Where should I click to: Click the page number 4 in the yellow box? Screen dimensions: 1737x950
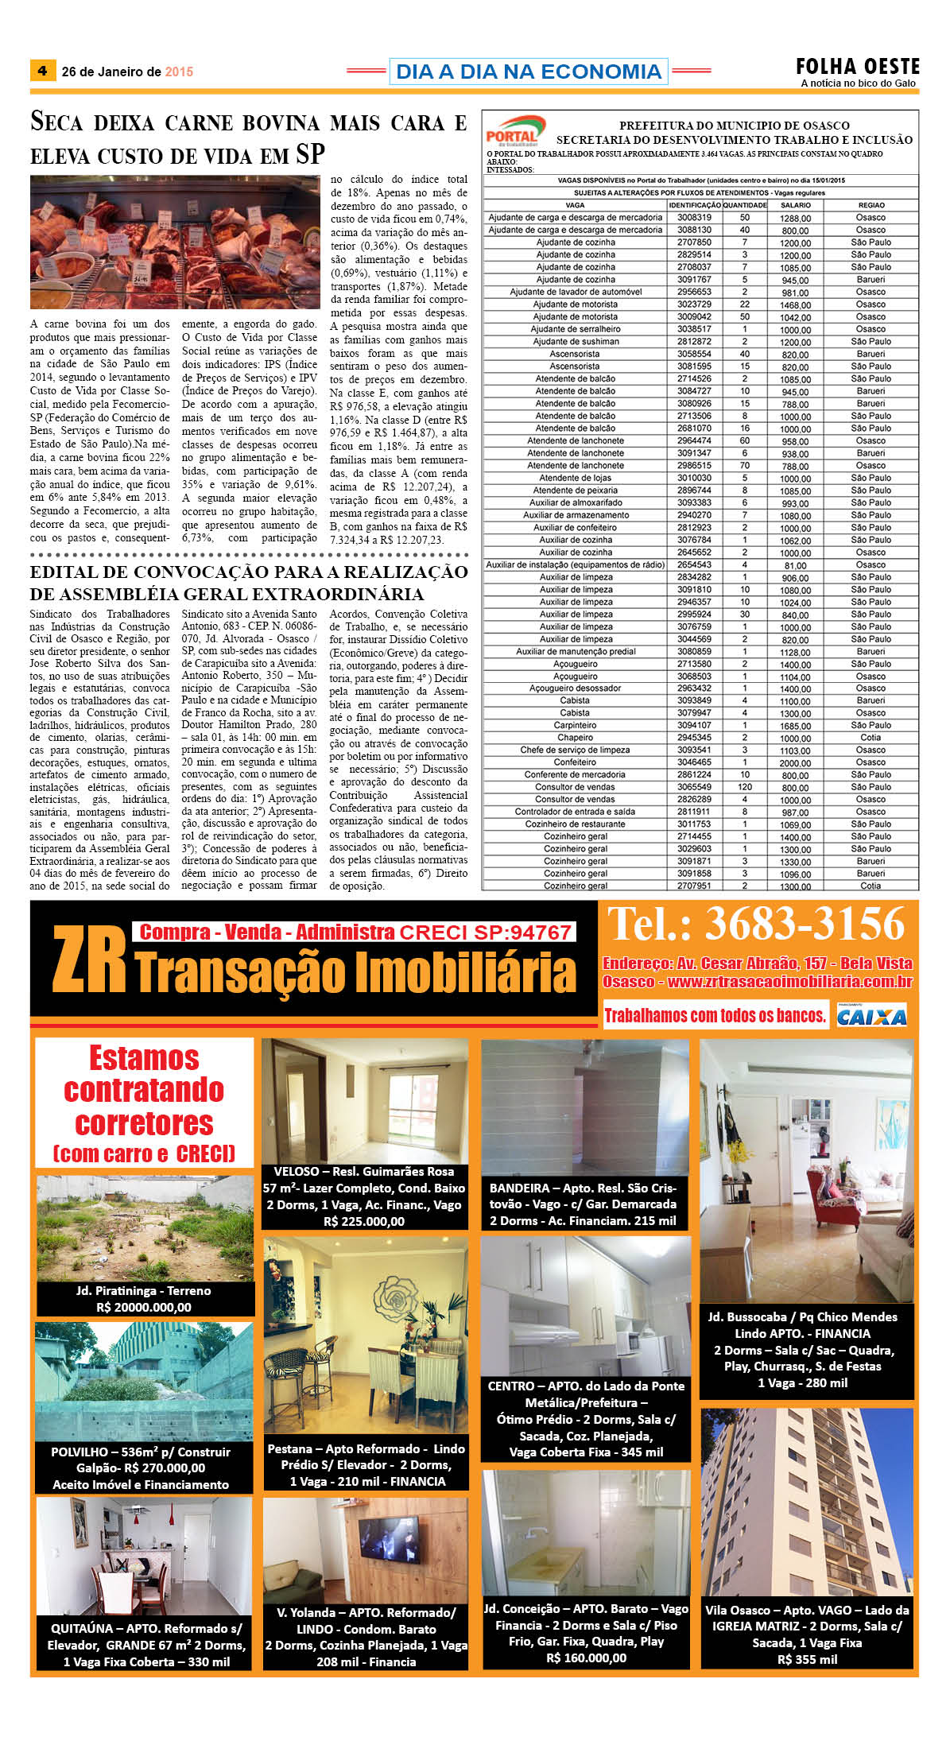point(42,70)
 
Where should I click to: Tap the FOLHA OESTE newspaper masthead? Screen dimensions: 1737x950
point(857,67)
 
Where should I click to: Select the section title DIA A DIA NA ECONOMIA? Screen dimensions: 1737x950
point(528,72)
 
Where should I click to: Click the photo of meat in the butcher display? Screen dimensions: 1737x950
point(175,242)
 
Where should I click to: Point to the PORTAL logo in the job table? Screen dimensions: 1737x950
point(515,130)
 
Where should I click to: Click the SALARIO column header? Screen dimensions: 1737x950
point(795,205)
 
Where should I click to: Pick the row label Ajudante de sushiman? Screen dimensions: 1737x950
point(576,341)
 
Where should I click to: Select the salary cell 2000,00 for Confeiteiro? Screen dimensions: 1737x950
point(795,762)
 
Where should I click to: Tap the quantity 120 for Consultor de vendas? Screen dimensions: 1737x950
point(745,787)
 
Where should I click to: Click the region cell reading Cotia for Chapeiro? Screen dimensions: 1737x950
point(871,738)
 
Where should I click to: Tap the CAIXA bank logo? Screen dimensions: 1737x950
point(871,1016)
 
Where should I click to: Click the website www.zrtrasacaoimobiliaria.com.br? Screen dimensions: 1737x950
point(789,982)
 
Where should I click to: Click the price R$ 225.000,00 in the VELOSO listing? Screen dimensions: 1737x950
point(364,1221)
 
